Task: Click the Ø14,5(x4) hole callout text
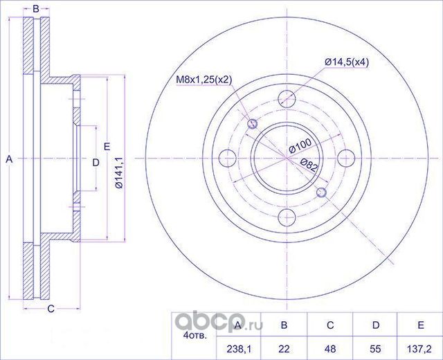347,62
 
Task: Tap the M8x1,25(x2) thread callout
204,80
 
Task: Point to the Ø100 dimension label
300,146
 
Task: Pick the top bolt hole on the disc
287,99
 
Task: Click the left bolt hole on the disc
228,159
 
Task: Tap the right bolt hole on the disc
346,159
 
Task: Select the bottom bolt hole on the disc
287,217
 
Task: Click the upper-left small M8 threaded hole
252,123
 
